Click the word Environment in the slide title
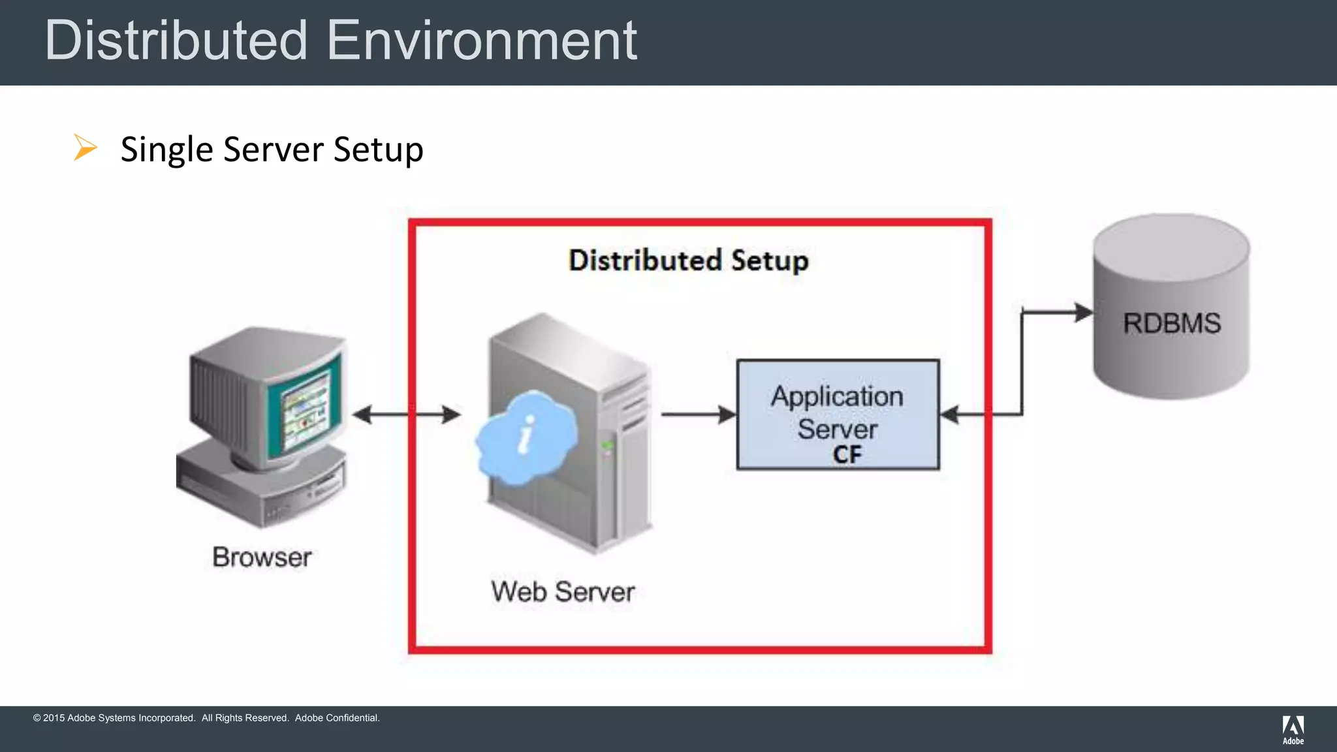tap(481, 40)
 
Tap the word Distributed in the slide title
tap(176, 40)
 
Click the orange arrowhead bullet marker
tap(85, 148)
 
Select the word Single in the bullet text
tap(167, 149)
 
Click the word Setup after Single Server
tap(379, 149)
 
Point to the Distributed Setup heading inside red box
tap(688, 260)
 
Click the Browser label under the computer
tap(262, 557)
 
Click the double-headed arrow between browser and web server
tap(406, 415)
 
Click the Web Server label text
tap(563, 592)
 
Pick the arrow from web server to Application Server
tap(699, 415)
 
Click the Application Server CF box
tap(838, 414)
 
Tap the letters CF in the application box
tap(847, 454)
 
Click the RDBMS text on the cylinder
tap(1171, 323)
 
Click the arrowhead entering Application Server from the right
tap(950, 415)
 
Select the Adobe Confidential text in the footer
tap(337, 718)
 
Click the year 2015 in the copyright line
tap(54, 718)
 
